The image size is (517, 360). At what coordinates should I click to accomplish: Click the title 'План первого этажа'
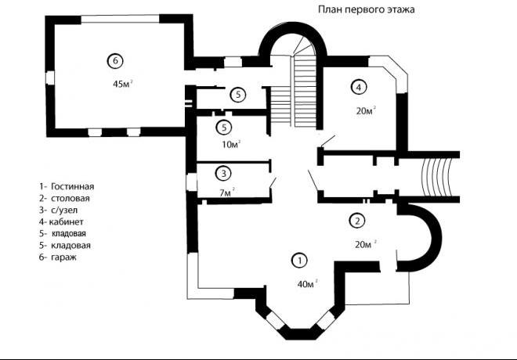367,9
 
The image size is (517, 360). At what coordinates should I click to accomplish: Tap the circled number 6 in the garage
115,60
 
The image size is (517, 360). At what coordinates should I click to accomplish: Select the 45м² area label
123,84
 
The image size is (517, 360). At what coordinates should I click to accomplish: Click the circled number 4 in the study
359,87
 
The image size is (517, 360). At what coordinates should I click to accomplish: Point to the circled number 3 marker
223,173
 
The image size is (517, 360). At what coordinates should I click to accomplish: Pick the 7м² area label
227,193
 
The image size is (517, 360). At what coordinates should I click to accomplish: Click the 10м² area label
231,144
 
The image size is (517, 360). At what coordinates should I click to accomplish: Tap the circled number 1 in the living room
299,261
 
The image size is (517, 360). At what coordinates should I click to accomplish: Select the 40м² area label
307,283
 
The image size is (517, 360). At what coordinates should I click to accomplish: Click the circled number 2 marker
357,221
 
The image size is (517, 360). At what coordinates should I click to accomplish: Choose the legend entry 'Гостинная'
73,186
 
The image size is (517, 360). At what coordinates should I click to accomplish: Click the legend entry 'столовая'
70,198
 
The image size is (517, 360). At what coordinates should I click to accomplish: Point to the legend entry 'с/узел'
64,211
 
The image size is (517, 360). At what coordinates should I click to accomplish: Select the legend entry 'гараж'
63,257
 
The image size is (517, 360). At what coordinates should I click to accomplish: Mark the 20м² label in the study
366,110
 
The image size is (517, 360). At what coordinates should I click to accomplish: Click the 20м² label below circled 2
366,244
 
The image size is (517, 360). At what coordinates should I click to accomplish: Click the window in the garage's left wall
50,78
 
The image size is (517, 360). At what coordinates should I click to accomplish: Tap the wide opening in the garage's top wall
121,19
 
